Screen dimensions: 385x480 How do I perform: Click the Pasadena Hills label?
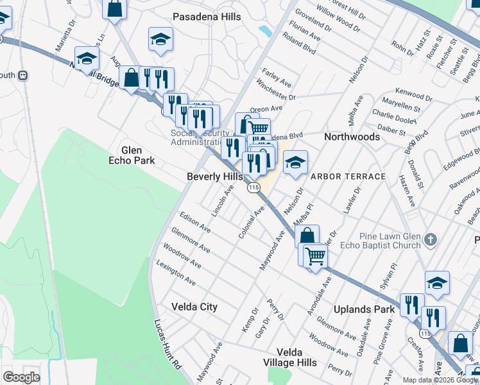point(206,16)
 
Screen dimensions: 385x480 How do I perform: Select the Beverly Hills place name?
point(214,176)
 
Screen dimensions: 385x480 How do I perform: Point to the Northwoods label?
point(352,137)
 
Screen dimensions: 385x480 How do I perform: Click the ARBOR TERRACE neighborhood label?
point(348,176)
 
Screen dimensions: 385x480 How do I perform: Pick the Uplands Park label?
point(364,309)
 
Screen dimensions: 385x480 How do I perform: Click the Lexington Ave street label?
point(176,273)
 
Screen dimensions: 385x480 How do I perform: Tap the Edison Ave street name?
point(195,222)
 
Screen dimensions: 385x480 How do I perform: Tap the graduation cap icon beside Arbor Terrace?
point(295,162)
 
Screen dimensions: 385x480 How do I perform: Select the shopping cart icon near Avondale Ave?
point(315,256)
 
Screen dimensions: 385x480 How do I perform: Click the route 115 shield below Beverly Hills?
point(253,187)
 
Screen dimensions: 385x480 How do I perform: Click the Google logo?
point(21,377)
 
